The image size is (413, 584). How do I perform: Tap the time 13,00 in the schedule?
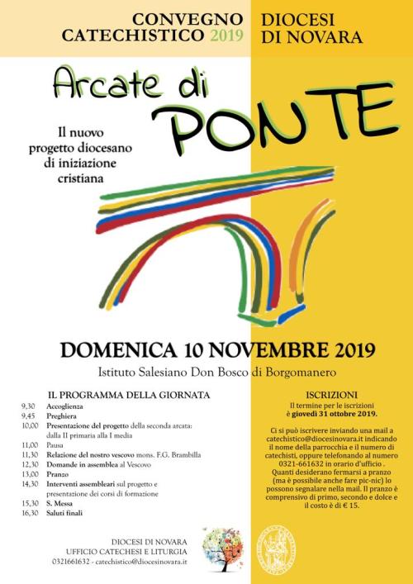click(x=30, y=474)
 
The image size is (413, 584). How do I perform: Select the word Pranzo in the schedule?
click(x=58, y=474)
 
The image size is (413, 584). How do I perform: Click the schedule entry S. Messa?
click(x=59, y=503)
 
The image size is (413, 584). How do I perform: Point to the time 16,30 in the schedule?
click(x=30, y=513)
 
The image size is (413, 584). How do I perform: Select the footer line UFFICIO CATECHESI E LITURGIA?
click(x=128, y=549)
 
